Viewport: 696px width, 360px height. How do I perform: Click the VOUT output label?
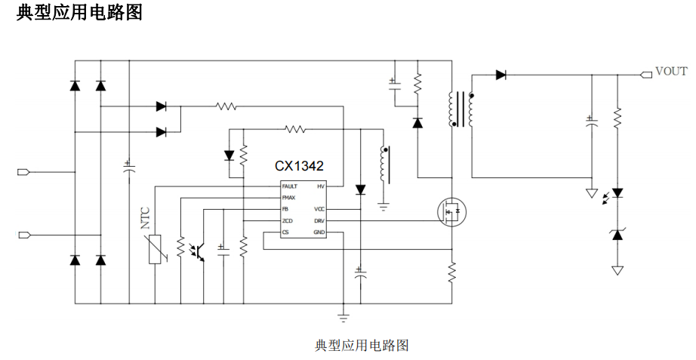point(671,72)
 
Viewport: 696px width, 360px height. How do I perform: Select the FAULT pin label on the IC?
point(290,186)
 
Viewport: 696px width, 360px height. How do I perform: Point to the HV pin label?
point(321,186)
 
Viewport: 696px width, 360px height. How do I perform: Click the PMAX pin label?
point(288,197)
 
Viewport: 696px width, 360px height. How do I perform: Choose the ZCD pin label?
point(287,220)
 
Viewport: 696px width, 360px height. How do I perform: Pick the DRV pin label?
point(319,220)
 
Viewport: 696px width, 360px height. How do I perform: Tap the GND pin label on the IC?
point(319,232)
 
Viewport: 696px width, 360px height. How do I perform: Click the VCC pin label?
point(319,209)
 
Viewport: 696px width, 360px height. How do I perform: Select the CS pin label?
point(285,232)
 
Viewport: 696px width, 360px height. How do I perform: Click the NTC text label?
point(146,218)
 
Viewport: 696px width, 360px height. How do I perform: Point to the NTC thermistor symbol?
point(155,248)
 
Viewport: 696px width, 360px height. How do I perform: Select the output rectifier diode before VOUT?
point(501,75)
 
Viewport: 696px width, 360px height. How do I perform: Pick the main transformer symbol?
point(462,109)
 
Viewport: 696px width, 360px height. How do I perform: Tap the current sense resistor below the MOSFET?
point(451,271)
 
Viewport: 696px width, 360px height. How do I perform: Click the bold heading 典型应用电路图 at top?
point(79,13)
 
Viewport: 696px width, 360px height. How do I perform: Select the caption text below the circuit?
point(362,346)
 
